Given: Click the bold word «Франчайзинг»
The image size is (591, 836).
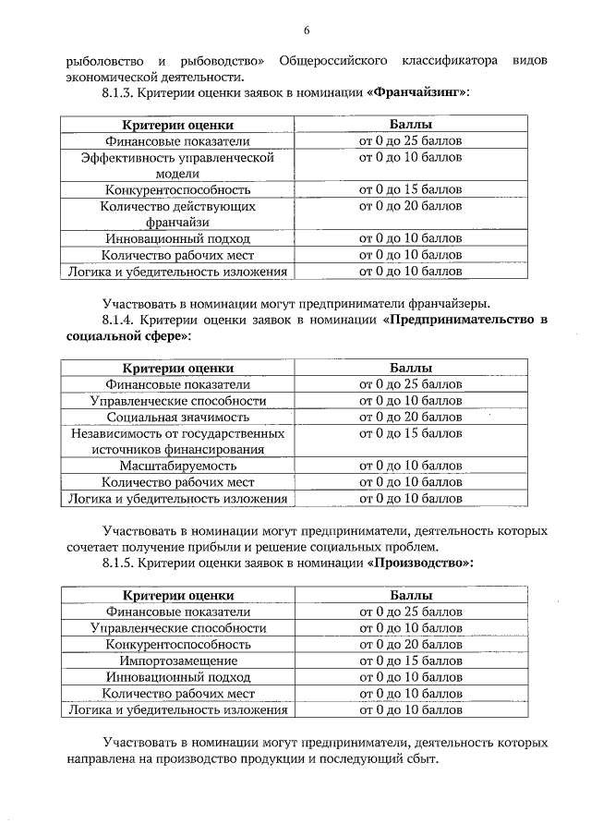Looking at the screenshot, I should point(417,92).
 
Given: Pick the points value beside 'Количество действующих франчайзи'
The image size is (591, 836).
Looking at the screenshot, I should point(410,206).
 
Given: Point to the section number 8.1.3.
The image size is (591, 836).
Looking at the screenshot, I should point(121,92).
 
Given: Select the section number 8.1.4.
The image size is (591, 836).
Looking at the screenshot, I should point(121,320).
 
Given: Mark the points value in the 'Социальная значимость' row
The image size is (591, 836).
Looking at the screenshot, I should point(410,417).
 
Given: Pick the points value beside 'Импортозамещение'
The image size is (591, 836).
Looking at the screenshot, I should point(410,660).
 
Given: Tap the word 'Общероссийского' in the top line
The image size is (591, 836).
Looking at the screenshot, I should point(331,60).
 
